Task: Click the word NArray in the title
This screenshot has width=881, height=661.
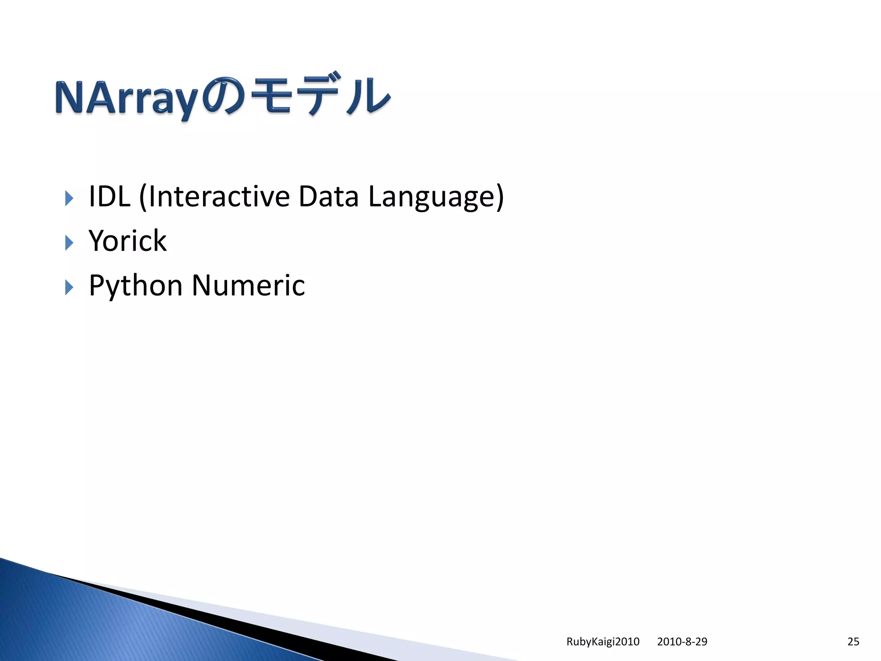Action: (x=127, y=99)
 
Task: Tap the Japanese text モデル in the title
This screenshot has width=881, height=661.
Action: (x=320, y=96)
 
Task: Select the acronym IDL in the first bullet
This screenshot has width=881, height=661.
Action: (x=109, y=197)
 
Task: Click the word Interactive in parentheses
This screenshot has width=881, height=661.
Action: (x=219, y=197)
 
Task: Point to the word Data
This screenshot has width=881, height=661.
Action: (x=328, y=197)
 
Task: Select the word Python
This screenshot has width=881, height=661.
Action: (x=136, y=286)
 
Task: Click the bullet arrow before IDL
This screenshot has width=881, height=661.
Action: (x=69, y=198)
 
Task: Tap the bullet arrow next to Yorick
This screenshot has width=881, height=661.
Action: (x=69, y=243)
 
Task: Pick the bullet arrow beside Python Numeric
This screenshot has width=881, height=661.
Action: (x=69, y=287)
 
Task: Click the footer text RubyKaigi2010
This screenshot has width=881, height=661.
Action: (x=603, y=642)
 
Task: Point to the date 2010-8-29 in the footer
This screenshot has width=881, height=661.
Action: (x=682, y=642)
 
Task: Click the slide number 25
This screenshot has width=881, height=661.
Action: (x=853, y=642)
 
